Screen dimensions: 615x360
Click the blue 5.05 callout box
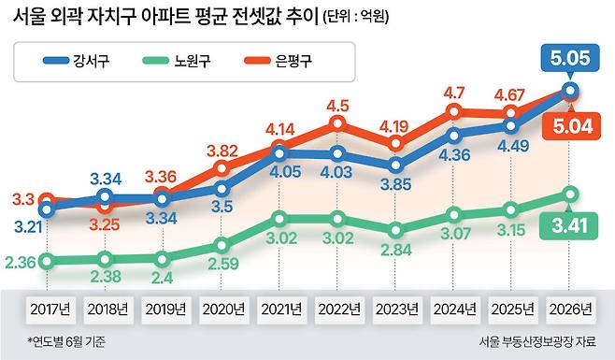point(570,58)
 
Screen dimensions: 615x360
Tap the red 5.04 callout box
point(571,126)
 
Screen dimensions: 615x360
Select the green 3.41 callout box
point(568,225)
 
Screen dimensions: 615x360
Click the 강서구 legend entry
point(76,61)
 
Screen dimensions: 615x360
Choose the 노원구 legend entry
point(177,61)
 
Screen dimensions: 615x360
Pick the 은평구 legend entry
point(278,61)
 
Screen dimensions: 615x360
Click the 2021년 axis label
point(281,310)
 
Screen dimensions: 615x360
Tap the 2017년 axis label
point(50,310)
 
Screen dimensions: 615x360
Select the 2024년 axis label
point(455,310)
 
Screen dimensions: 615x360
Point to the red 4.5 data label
point(337,106)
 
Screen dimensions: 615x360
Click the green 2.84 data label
point(396,250)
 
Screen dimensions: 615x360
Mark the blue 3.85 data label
point(396,184)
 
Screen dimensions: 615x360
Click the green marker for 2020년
point(222,246)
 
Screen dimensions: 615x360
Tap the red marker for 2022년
point(337,123)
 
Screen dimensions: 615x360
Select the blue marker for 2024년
point(454,136)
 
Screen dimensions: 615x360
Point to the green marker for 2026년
point(571,194)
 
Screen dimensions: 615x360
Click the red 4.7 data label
point(454,94)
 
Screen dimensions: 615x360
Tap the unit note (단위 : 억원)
point(356,17)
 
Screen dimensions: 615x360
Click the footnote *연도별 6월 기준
point(66,340)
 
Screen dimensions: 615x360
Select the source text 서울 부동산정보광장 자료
point(537,341)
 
